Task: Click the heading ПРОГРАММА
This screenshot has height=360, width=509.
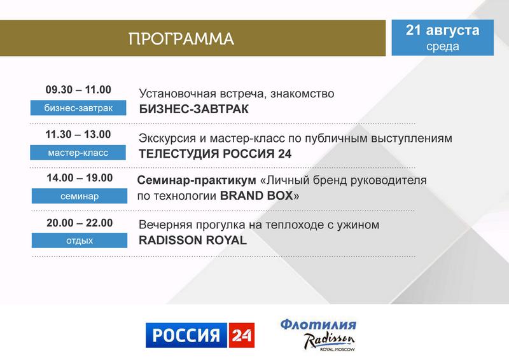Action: (x=181, y=39)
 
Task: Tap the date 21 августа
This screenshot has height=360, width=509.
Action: (x=442, y=30)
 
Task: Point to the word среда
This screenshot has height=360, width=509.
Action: (x=443, y=46)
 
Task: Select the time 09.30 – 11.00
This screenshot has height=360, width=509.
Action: (x=78, y=90)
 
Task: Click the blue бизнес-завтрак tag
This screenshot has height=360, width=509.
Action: (x=78, y=107)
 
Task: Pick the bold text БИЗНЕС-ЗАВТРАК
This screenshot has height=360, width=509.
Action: (x=194, y=109)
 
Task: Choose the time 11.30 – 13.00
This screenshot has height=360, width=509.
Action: (x=78, y=134)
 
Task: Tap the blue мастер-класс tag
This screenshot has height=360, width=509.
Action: (x=78, y=153)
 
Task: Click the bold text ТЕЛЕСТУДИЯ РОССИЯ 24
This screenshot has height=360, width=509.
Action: (x=215, y=154)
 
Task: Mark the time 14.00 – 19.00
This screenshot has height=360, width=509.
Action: (x=80, y=178)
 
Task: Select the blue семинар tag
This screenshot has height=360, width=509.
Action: (x=80, y=196)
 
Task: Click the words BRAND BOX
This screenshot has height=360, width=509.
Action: (x=256, y=196)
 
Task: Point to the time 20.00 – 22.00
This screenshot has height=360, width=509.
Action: (x=80, y=223)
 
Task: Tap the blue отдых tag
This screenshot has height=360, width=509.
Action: (x=80, y=240)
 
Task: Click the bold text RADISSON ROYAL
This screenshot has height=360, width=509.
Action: (x=193, y=240)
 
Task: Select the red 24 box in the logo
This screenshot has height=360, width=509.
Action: (x=242, y=335)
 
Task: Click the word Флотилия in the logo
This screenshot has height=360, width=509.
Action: (x=319, y=324)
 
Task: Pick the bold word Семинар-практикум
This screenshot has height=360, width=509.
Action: (x=197, y=181)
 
